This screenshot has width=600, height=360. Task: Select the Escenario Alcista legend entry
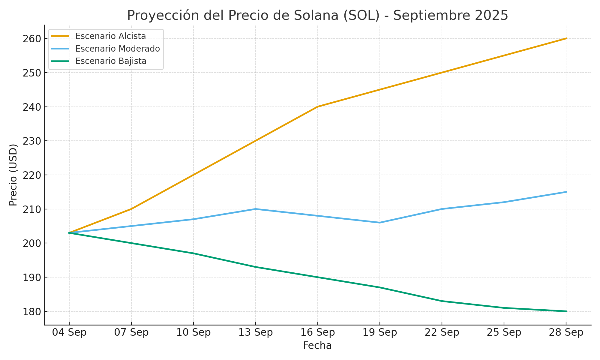coord(110,36)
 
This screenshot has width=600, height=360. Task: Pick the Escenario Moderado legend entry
coord(117,49)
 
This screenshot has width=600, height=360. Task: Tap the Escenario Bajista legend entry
coord(111,61)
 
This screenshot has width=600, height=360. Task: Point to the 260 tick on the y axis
coord(31,39)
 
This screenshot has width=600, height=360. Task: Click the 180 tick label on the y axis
coord(31,312)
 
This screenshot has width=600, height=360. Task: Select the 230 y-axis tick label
coord(31,141)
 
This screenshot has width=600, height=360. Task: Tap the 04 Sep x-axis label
coord(69,332)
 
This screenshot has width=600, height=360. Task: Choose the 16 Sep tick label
coord(318,332)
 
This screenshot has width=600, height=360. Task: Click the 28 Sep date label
coord(566,332)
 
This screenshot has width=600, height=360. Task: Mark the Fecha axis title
coord(317,346)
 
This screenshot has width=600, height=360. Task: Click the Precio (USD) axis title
coord(13,175)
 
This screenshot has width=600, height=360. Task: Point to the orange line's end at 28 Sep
coord(566,38)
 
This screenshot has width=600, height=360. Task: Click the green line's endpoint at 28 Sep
coord(566,311)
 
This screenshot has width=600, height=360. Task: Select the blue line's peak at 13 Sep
coord(256,209)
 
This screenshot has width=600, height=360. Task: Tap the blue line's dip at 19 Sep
coord(380,223)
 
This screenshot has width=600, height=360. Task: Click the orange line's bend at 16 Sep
coord(318,106)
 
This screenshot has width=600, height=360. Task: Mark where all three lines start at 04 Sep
coord(69,233)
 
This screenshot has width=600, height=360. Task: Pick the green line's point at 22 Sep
coord(442,301)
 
